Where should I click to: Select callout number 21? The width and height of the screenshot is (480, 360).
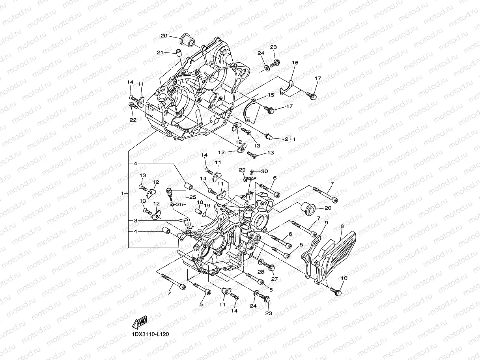(x=160, y=52)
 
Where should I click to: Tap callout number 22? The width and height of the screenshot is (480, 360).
(x=133, y=120)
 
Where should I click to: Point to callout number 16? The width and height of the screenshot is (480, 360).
(x=295, y=63)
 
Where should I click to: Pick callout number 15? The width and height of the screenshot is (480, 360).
(x=282, y=95)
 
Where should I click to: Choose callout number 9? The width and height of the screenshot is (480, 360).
(x=326, y=223)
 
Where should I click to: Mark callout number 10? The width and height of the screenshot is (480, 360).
(x=344, y=278)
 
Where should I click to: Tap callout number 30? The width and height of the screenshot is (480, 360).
(x=264, y=171)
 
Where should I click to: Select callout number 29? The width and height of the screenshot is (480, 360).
(x=242, y=170)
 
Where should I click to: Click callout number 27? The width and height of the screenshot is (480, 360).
(x=275, y=279)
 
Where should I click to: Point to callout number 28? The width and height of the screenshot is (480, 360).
(x=261, y=272)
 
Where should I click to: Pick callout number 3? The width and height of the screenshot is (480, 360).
(x=135, y=220)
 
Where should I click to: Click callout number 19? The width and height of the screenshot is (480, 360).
(x=207, y=205)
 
